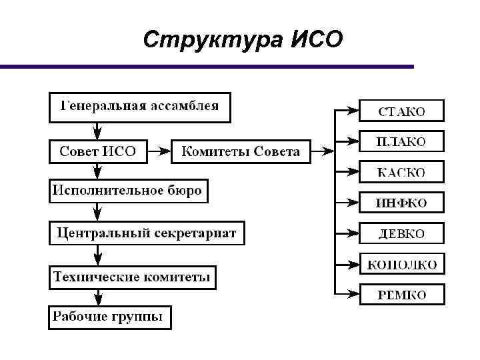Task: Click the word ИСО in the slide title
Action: tap(317, 40)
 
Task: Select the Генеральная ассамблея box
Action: tap(140, 107)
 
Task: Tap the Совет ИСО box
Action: tap(97, 151)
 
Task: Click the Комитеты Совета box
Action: tap(241, 151)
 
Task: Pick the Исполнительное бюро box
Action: tap(127, 191)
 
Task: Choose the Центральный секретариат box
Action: tap(147, 233)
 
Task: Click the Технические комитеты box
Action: tap(132, 277)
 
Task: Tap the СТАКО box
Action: tap(402, 111)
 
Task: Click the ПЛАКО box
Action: tap(402, 141)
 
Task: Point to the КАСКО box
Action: tap(402, 172)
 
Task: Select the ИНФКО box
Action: tap(402, 202)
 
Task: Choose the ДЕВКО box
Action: tap(402, 233)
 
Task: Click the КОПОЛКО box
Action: tap(402, 264)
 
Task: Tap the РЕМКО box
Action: tap(402, 294)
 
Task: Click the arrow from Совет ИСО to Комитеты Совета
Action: tap(157, 151)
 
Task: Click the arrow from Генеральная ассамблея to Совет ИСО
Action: tap(98, 130)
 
